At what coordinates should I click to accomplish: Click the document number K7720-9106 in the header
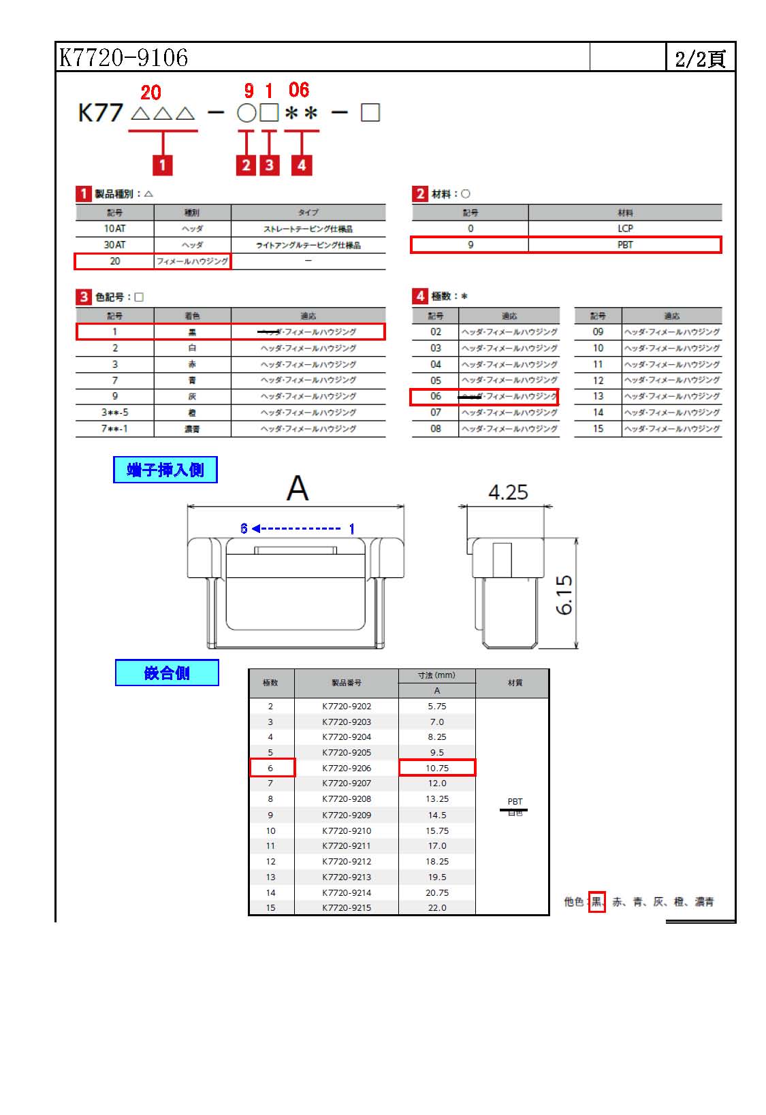point(123,57)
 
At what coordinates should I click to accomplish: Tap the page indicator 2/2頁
point(699,59)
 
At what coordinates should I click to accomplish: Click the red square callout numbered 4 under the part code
point(301,165)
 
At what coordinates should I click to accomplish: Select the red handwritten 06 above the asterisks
point(298,90)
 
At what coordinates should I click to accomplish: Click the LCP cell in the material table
point(624,229)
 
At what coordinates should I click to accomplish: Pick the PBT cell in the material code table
point(624,245)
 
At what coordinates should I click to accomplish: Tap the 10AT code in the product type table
point(114,229)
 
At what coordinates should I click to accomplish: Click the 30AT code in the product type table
point(114,245)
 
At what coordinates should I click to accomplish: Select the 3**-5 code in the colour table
point(114,413)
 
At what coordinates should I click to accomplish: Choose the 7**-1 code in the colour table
point(114,429)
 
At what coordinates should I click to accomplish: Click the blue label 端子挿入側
point(165,470)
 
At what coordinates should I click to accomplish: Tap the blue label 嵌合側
point(167,673)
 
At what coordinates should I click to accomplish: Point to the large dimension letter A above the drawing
point(298,488)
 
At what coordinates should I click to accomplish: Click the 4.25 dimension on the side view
point(508,492)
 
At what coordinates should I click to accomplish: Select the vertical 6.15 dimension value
point(564,594)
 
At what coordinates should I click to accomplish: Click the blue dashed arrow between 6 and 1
point(298,528)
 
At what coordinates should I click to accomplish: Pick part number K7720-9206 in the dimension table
point(347,768)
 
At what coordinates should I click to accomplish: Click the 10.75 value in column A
point(437,768)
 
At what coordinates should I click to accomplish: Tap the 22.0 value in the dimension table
point(437,907)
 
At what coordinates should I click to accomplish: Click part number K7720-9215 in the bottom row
point(347,907)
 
